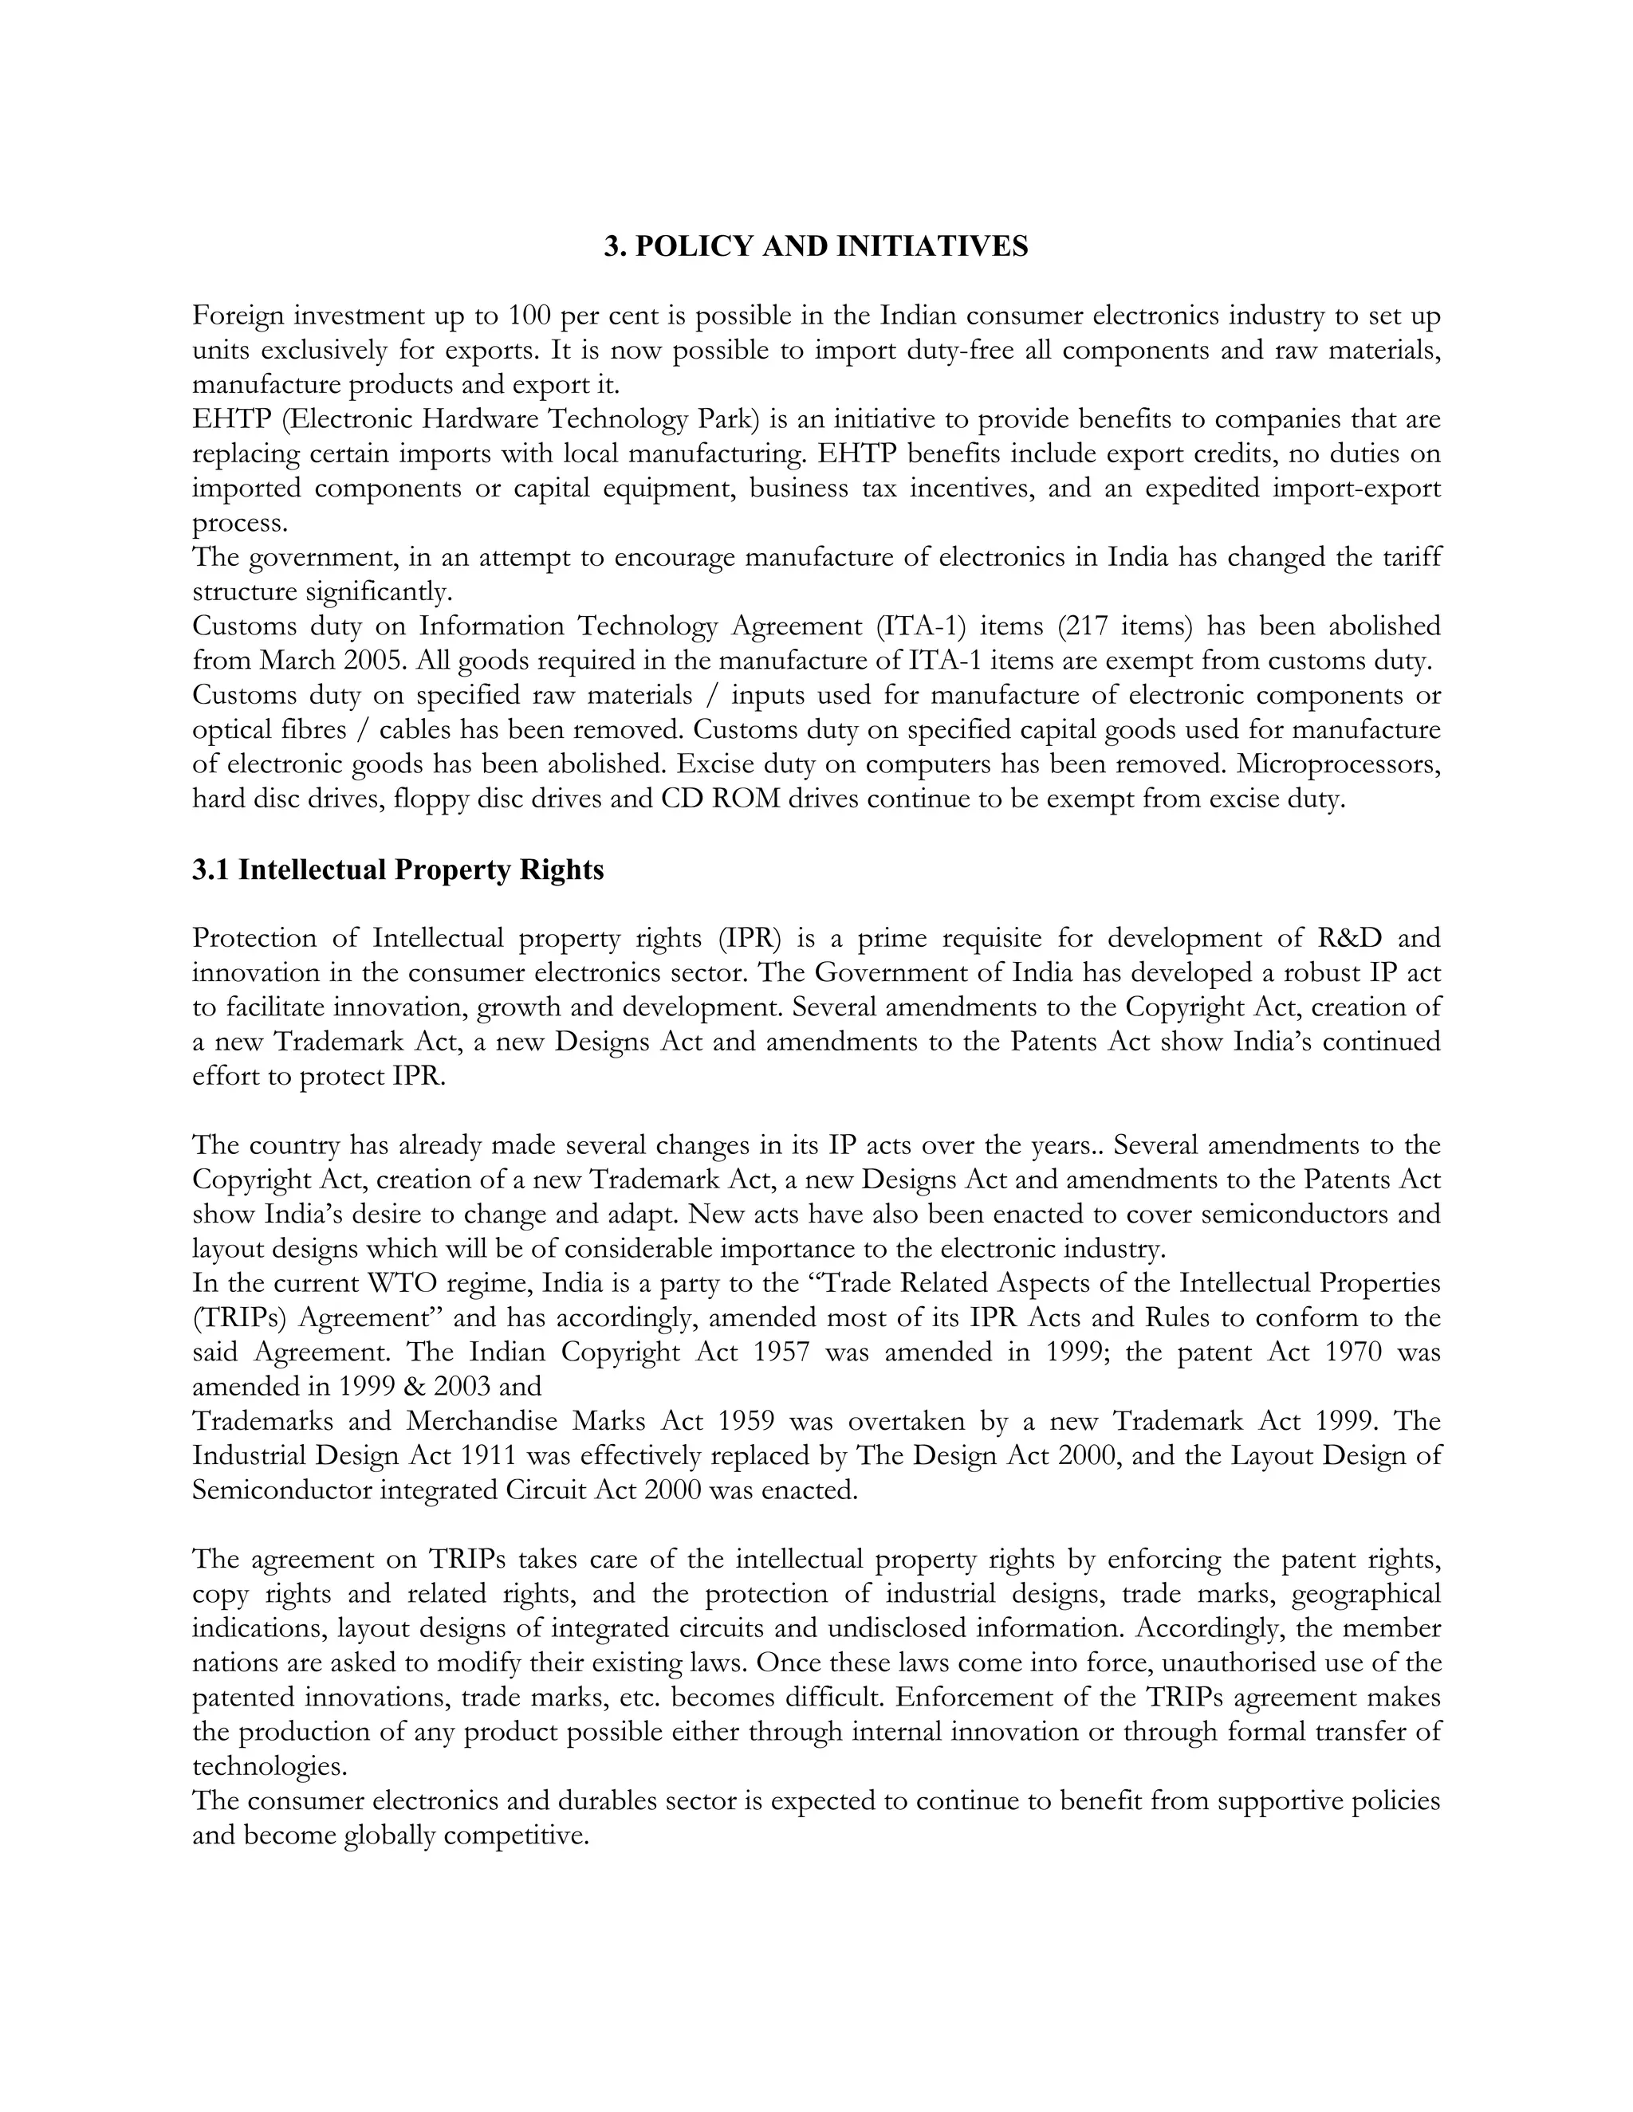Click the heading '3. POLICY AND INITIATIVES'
[x=816, y=246]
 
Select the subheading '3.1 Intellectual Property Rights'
[x=398, y=870]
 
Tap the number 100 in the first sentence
[x=531, y=316]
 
